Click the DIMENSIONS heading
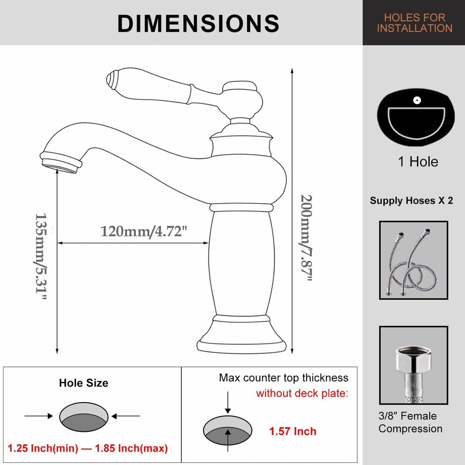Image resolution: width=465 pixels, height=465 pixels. [x=198, y=23]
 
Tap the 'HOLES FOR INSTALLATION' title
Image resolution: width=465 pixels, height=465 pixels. [x=415, y=23]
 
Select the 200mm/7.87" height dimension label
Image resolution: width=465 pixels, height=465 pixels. [x=306, y=238]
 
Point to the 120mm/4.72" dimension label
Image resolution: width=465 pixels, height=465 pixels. [x=144, y=231]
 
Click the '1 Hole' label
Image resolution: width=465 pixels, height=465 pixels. [x=418, y=162]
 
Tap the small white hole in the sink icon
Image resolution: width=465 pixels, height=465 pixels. [x=416, y=100]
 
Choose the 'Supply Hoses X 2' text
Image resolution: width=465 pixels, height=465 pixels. [x=412, y=201]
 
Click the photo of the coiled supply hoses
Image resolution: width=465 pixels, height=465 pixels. [x=413, y=260]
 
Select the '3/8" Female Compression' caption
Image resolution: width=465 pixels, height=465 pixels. [x=410, y=422]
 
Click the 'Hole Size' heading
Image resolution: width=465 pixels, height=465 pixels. [x=84, y=383]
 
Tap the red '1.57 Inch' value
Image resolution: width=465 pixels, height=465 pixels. [x=293, y=431]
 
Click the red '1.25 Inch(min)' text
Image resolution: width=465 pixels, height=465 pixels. [x=43, y=449]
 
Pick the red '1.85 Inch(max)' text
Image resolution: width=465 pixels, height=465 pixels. [x=134, y=449]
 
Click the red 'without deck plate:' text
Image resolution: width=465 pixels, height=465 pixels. [x=302, y=394]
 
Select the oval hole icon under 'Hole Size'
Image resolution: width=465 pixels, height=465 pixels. [x=84, y=416]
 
